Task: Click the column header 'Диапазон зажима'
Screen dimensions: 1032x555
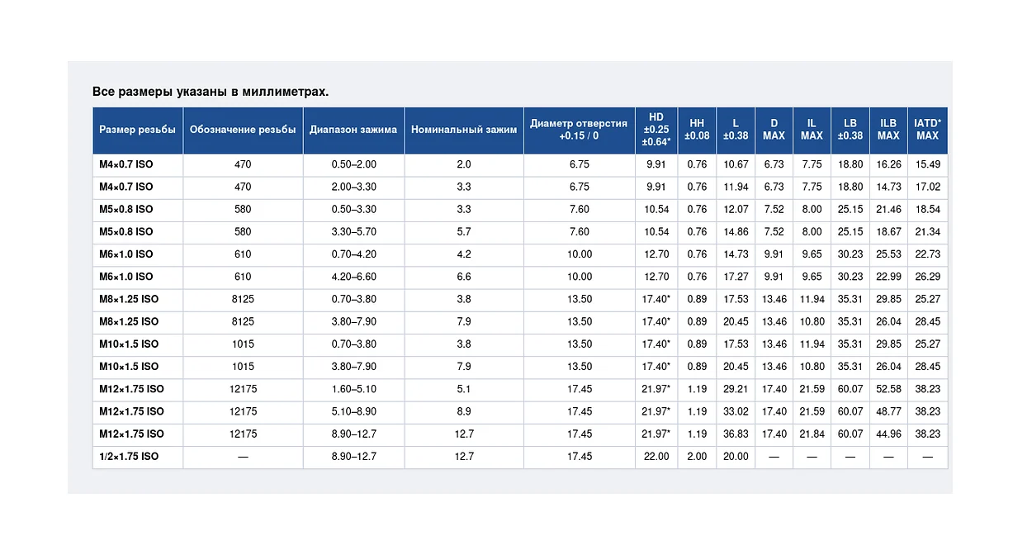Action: coord(353,130)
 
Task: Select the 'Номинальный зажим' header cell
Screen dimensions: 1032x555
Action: coord(464,130)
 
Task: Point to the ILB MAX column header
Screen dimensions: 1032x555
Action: coord(888,130)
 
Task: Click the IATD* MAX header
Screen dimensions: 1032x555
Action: coord(927,130)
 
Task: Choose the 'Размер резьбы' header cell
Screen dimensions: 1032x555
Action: coord(137,130)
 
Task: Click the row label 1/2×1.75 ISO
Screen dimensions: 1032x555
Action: coord(129,457)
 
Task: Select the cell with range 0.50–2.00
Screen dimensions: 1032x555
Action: coord(354,164)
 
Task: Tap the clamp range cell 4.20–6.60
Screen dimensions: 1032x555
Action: coord(354,277)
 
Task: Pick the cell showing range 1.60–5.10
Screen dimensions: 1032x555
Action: coord(354,389)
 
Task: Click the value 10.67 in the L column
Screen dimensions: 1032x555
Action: coord(736,164)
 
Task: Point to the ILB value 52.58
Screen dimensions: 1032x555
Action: coord(888,389)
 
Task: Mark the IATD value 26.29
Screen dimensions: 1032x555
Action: coord(927,277)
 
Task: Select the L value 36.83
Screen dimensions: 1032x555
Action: coord(736,434)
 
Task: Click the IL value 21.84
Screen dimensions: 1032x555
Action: coord(812,434)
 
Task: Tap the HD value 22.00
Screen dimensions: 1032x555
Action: coord(656,457)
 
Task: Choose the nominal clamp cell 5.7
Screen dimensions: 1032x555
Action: coord(464,231)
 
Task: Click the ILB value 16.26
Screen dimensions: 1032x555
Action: coord(888,164)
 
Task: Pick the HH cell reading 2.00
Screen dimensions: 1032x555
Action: coord(697,457)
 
